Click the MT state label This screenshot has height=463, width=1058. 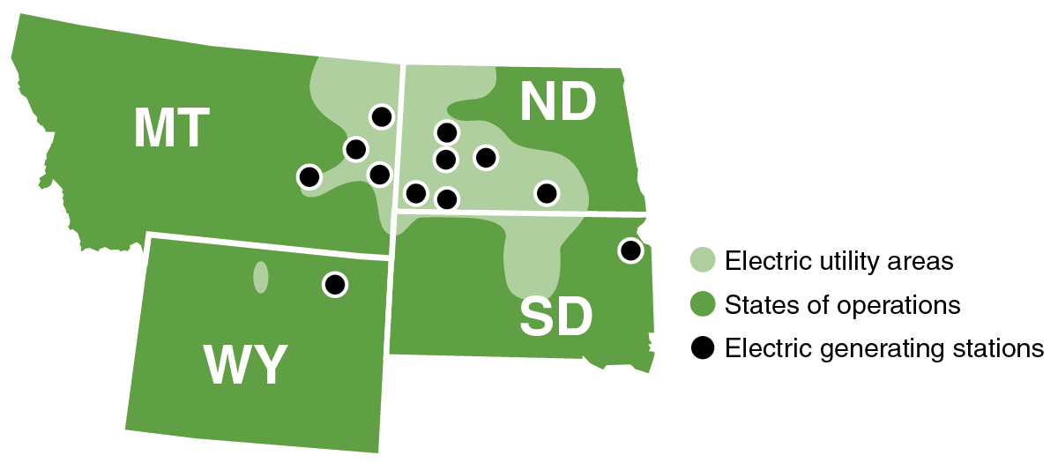click(172, 129)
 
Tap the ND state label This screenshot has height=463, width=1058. click(558, 103)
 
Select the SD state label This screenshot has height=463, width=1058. click(555, 318)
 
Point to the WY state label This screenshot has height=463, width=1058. click(246, 365)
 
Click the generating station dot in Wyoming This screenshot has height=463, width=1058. click(334, 285)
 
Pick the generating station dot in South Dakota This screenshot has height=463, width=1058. click(630, 250)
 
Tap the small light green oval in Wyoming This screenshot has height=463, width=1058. click(260, 277)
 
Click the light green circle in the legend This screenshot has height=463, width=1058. click(702, 261)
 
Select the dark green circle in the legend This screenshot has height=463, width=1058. click(702, 305)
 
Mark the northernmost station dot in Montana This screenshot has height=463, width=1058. click(381, 116)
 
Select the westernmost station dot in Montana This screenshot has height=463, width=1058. click(309, 176)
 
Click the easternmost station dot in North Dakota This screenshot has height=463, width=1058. click(547, 192)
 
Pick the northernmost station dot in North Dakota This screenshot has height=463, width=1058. click(447, 132)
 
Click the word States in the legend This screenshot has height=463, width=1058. click(756, 305)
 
